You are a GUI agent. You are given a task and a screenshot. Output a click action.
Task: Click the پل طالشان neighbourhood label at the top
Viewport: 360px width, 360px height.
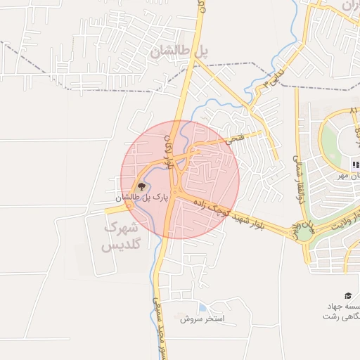181,51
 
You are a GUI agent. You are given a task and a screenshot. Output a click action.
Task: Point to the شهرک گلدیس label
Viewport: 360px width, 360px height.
122,237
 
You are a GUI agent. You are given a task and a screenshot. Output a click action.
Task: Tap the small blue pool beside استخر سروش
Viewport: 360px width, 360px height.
202,307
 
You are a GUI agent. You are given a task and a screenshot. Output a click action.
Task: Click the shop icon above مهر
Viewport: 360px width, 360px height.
354,165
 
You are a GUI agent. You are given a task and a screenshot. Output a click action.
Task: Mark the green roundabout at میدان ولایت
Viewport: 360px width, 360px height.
303,229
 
